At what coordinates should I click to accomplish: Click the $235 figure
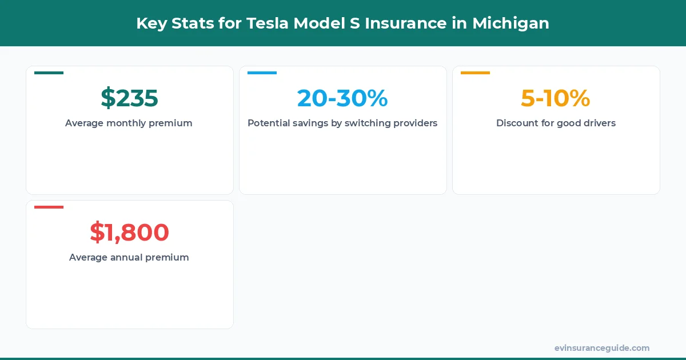129,98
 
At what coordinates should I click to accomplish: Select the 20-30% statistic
342,98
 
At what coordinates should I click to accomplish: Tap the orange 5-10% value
555,98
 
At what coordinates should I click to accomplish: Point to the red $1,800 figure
129,233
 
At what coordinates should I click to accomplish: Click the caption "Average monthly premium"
129,123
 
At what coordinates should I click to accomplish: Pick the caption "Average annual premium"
129,257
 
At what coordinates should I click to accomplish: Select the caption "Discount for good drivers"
556,123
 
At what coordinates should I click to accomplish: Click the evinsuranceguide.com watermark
601,348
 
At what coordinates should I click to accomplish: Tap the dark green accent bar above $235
49,73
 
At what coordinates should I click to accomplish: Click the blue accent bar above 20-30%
262,73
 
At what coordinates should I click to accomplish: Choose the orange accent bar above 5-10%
475,73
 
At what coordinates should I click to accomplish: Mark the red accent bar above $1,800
49,207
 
